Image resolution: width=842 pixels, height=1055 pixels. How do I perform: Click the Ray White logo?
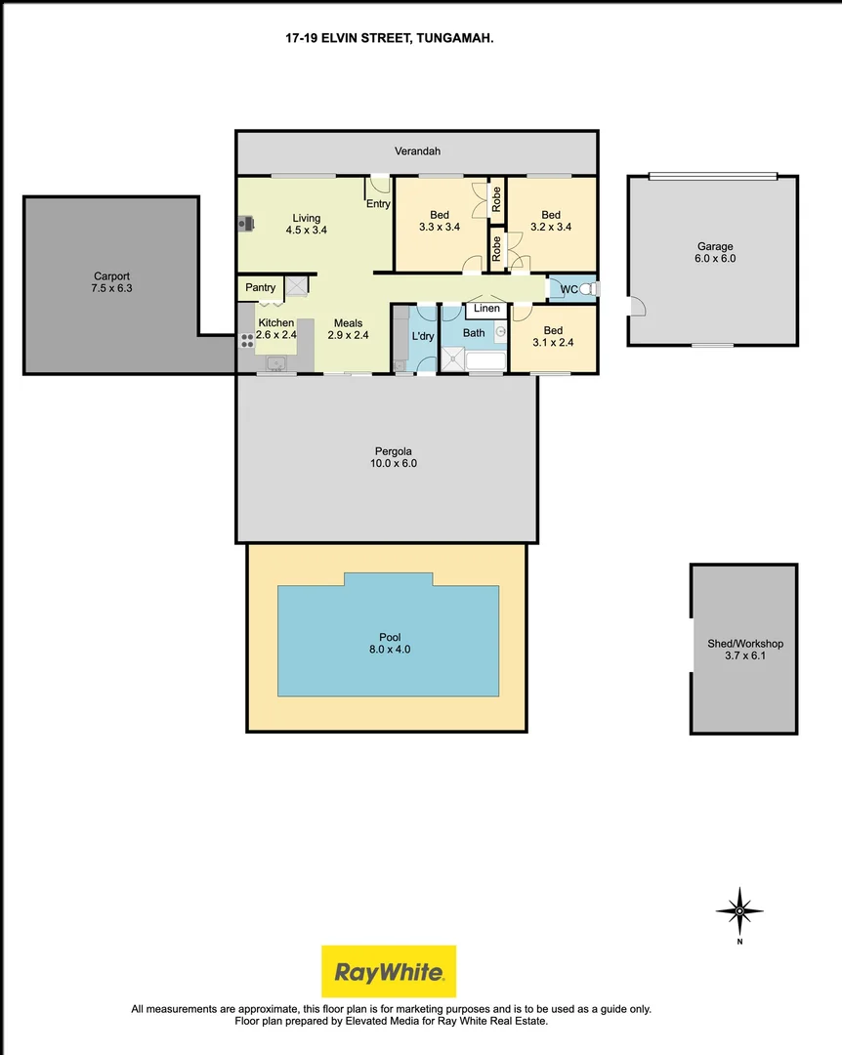pos(389,971)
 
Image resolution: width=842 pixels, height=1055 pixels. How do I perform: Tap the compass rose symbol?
pos(739,911)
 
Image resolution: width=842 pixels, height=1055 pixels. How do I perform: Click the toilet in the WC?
pos(592,288)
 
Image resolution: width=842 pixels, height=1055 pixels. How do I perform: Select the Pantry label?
pos(260,287)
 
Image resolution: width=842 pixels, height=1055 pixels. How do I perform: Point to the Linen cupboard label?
pos(485,309)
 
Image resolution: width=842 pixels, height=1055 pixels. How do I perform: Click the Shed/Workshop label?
pos(744,644)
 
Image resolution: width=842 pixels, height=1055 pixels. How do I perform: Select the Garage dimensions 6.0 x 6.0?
pos(715,259)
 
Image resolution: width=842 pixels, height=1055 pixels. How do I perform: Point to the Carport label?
pos(111,275)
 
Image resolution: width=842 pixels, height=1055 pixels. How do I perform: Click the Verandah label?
pos(417,151)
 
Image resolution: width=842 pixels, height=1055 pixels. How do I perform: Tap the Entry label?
pos(378,204)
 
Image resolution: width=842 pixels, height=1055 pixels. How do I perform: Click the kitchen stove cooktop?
pos(246,340)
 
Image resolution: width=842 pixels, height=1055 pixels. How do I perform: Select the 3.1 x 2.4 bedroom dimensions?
pos(553,343)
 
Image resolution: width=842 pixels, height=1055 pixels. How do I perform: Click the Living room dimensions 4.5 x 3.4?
pos(306,231)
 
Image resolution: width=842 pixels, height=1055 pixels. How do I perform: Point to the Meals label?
pos(348,323)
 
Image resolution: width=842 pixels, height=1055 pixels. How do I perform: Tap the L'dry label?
pos(423,336)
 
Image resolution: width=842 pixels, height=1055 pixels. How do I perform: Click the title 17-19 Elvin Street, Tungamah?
pos(388,39)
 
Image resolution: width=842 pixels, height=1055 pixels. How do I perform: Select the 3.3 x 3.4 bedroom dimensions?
pos(440,228)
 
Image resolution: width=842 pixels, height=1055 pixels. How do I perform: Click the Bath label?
pos(474,333)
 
